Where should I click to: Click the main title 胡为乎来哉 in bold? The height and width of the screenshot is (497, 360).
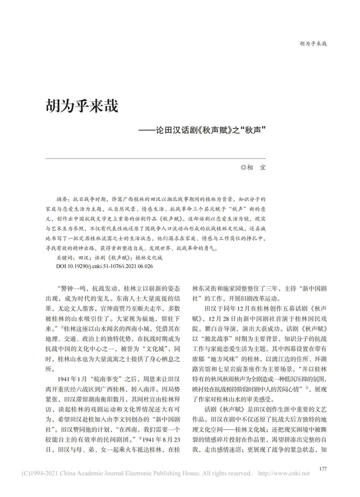pos(81,106)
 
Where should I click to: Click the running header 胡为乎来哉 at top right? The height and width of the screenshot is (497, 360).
pos(313,44)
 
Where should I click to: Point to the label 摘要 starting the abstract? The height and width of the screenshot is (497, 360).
pos(63,199)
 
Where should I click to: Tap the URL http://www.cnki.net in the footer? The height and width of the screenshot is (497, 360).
pos(283,474)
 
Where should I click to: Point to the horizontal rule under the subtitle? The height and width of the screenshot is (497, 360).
pos(156,158)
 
